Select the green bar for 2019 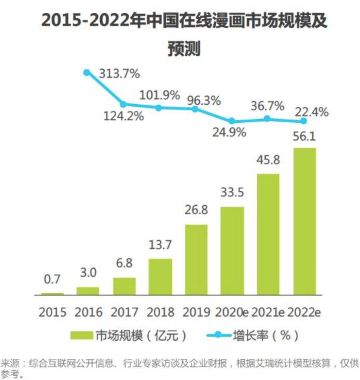(196, 260)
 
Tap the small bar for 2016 (88, 291)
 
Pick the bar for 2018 (160, 277)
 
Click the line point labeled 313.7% (87, 72)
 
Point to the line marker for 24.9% (232, 121)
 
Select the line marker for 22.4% (304, 121)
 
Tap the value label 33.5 (232, 192)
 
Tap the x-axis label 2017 (124, 312)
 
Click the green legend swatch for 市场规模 (82, 336)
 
